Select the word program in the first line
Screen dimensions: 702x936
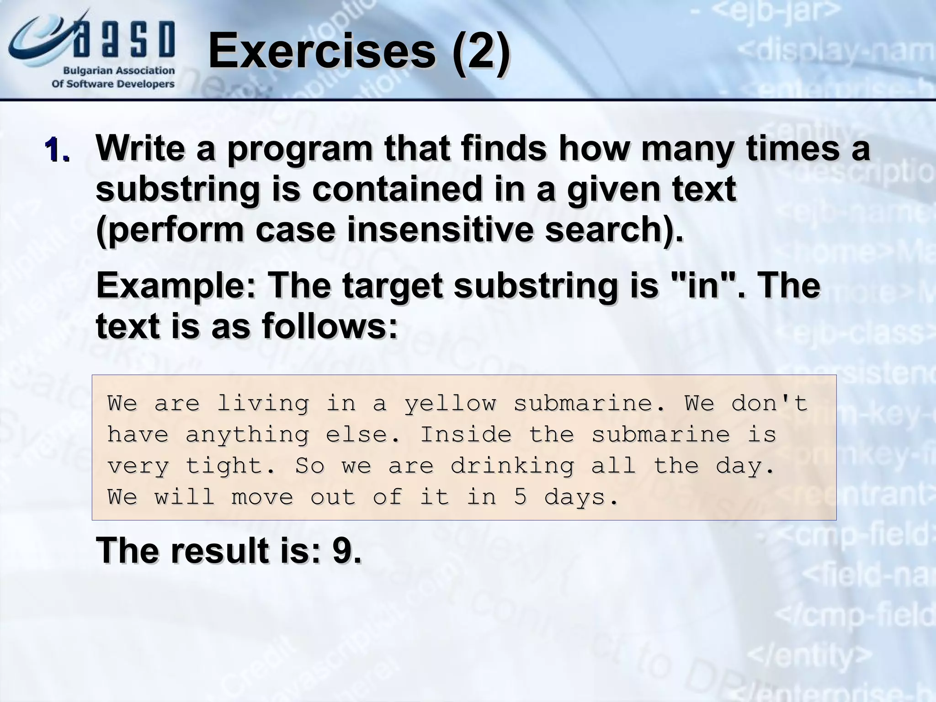(x=300, y=149)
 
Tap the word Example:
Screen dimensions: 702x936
(x=176, y=285)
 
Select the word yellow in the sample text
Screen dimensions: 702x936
(x=450, y=403)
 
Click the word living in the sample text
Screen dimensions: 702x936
(x=262, y=403)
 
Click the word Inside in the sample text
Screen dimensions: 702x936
(x=466, y=434)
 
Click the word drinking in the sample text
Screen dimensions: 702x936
(x=512, y=466)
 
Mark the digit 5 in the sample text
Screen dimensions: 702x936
(x=520, y=497)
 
